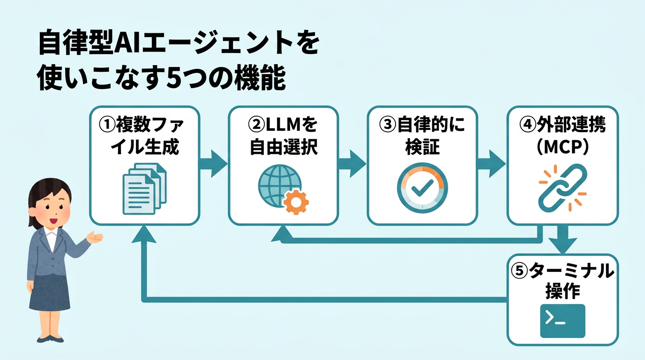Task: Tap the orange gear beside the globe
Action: click(x=296, y=202)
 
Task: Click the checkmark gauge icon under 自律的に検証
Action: click(x=422, y=187)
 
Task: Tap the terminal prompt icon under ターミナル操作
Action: click(x=562, y=321)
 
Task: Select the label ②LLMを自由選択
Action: click(x=283, y=135)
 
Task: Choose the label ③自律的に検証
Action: click(x=422, y=135)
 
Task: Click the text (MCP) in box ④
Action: click(x=562, y=147)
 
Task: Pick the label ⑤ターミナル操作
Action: click(x=562, y=281)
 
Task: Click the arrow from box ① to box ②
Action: click(x=214, y=164)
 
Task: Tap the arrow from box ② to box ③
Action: click(x=352, y=164)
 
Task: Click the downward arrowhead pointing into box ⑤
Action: click(x=562, y=244)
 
